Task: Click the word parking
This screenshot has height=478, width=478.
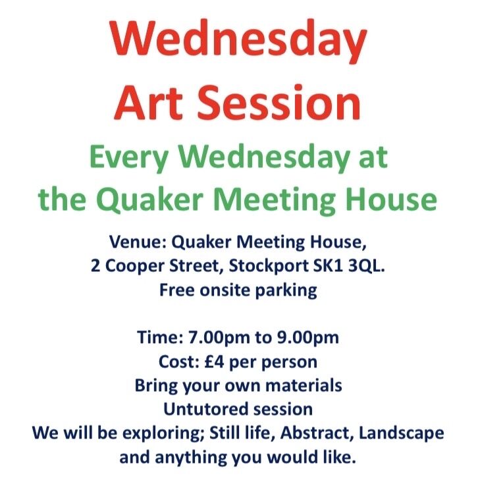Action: click(x=282, y=290)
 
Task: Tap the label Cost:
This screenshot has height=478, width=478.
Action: click(x=178, y=361)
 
